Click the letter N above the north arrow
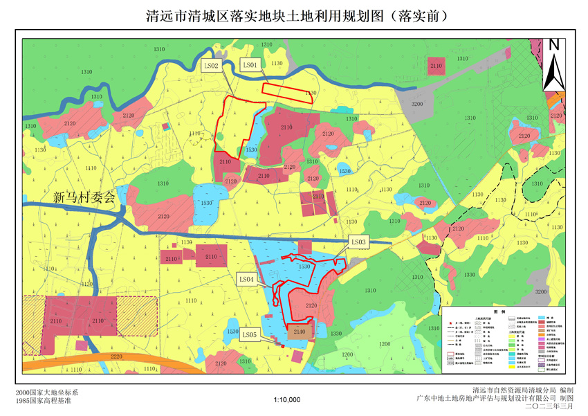click(553, 45)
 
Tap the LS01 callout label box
click(250, 64)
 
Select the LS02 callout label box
click(211, 66)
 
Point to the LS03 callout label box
click(358, 242)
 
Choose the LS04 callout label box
click(246, 279)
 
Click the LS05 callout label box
click(250, 335)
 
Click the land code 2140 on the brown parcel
click(299, 332)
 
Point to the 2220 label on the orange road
click(116, 356)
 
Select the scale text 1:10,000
click(287, 399)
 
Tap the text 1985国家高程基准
click(44, 401)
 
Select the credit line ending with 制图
click(495, 399)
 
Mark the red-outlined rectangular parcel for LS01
click(287, 93)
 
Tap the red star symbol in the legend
click(450, 323)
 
